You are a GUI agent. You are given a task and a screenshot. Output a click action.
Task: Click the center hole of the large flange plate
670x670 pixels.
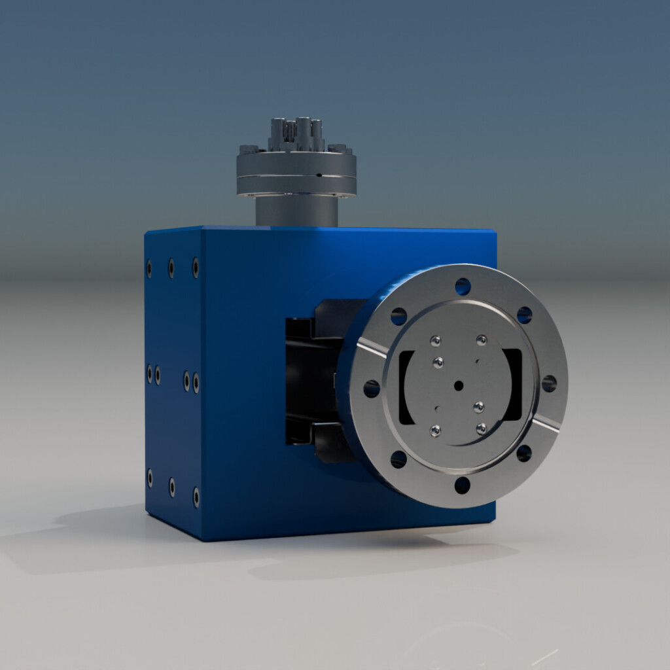(458, 385)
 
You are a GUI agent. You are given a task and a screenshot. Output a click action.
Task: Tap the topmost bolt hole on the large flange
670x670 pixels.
(463, 287)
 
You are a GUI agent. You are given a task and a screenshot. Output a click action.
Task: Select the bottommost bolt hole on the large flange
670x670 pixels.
(462, 485)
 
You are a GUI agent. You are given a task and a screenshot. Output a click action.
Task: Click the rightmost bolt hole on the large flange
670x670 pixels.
(549, 383)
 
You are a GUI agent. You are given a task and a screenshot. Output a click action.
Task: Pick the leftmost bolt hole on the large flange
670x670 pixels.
(372, 389)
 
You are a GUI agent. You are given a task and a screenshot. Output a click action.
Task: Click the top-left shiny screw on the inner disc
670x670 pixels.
(436, 340)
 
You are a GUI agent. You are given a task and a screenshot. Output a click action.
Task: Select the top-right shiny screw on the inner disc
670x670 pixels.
(482, 340)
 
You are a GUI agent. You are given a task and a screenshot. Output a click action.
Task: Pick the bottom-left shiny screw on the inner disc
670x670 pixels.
(435, 430)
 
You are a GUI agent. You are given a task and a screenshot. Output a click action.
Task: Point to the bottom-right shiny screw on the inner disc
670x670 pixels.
(482, 429)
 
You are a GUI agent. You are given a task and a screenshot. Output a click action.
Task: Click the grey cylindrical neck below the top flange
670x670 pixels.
(296, 211)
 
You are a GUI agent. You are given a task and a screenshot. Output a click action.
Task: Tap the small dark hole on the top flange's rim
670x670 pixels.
(319, 175)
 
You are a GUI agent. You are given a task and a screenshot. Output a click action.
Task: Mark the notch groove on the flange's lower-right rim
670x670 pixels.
(545, 425)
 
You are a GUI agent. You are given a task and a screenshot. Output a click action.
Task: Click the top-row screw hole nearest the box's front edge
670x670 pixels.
(195, 267)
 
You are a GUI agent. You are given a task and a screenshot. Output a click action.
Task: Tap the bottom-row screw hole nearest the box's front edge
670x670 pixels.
(196, 497)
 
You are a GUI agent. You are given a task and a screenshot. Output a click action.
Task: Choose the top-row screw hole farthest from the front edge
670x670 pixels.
(149, 268)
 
